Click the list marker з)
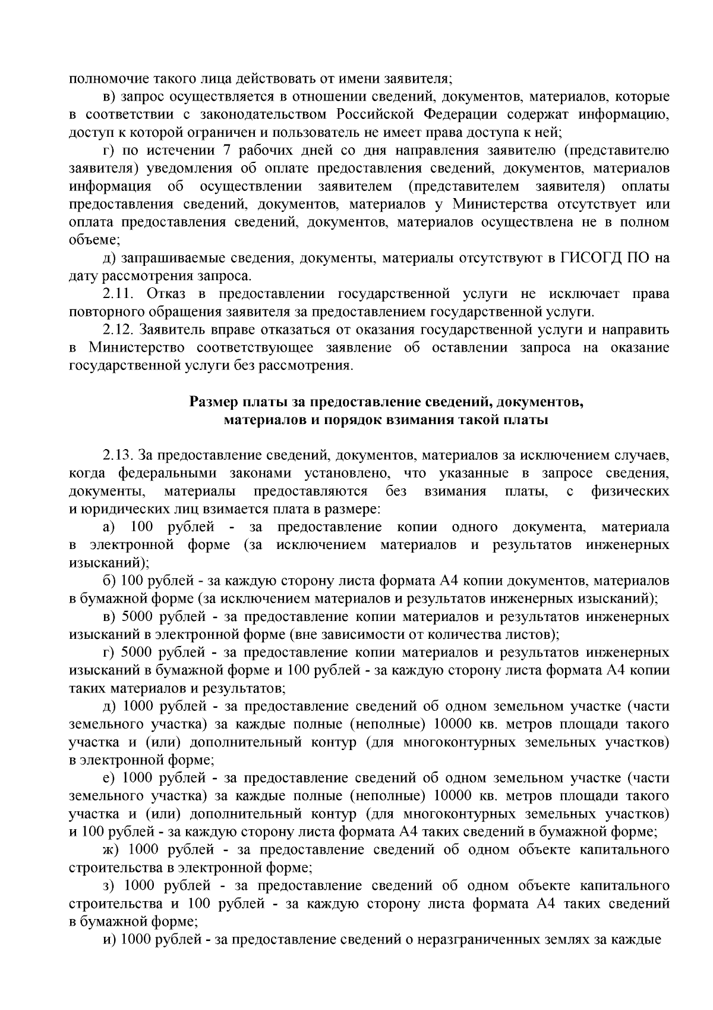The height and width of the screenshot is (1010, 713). tap(111, 886)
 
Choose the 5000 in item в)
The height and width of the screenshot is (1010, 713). tap(137, 617)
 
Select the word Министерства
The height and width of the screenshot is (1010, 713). tap(500, 204)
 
